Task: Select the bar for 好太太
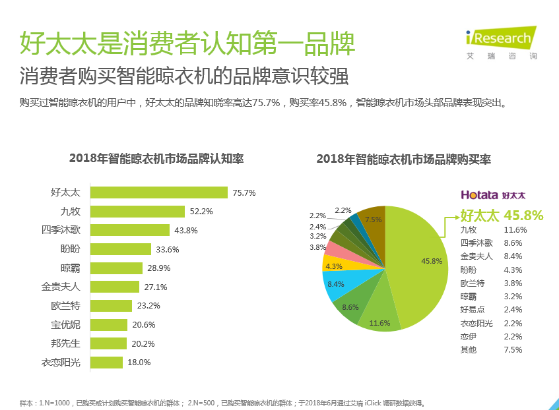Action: pos(159,192)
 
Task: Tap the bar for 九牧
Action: pos(137,212)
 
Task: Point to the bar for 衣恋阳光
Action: pos(106,362)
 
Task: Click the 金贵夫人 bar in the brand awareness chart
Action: pos(115,287)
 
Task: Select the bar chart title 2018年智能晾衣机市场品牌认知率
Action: pos(156,159)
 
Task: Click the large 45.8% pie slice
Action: pos(422,264)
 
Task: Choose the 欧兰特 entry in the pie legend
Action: pos(472,283)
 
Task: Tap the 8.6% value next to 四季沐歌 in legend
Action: pos(513,243)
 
